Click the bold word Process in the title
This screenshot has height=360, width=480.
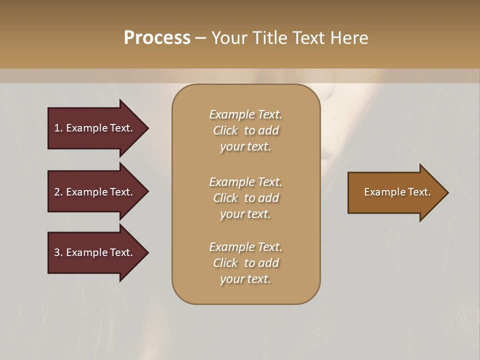pos(157,38)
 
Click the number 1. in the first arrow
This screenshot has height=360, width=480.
pos(58,128)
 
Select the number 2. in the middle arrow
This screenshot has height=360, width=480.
pos(58,192)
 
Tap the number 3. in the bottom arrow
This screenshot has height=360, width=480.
pos(58,252)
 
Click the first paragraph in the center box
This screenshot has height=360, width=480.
pos(245,130)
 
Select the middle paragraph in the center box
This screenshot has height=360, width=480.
pos(245,197)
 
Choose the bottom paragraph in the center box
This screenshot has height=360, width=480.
pos(245,262)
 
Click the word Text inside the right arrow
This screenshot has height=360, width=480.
pos(419,192)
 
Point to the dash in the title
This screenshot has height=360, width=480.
pos(200,38)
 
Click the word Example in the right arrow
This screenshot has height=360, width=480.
pos(384,192)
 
